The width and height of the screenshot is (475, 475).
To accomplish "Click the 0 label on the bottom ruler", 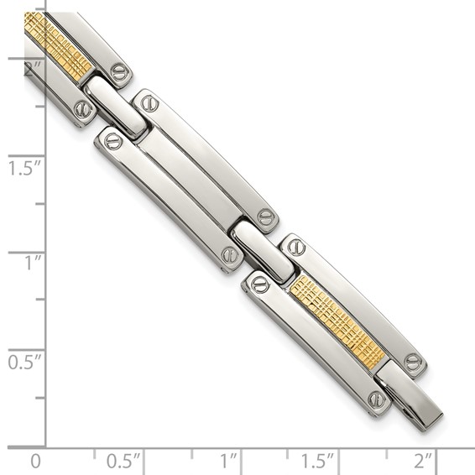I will click(x=34, y=461).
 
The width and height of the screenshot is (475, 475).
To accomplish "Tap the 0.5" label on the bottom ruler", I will click(x=124, y=461).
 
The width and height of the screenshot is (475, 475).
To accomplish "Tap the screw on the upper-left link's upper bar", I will click(x=120, y=72).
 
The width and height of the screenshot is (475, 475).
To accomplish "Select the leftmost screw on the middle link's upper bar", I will click(x=148, y=104).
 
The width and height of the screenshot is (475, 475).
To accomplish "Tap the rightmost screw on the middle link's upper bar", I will click(x=266, y=217).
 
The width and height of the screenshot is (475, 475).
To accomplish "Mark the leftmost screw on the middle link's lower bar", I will click(x=113, y=141).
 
